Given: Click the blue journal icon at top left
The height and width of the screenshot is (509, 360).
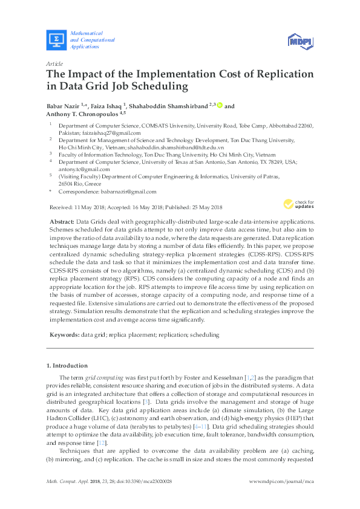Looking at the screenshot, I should pyautogui.click(x=56, y=40).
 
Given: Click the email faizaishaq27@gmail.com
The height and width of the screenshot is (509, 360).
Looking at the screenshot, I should pyautogui.click(x=114, y=133).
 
